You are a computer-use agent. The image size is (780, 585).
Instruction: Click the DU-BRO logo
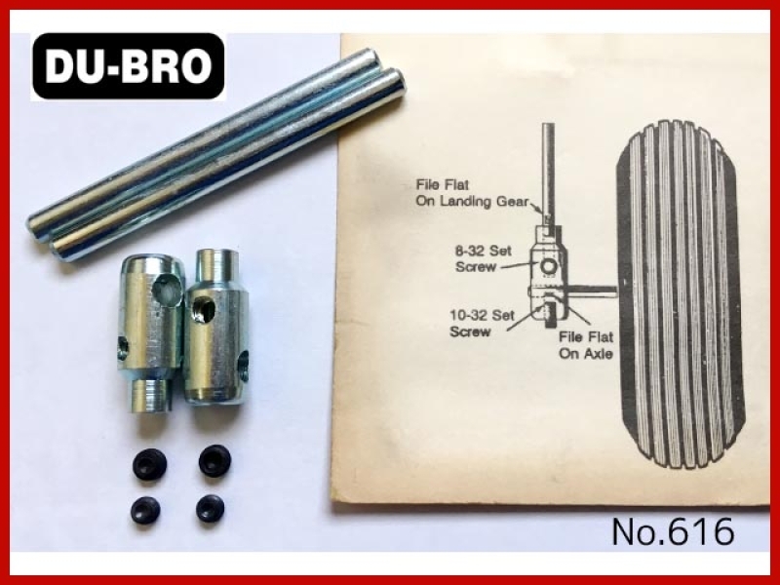[128, 66]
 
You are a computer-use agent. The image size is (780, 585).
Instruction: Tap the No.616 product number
[673, 531]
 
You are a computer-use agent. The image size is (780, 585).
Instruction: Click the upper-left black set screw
[149, 464]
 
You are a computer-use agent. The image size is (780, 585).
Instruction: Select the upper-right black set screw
[214, 460]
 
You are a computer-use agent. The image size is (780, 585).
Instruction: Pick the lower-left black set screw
[145, 510]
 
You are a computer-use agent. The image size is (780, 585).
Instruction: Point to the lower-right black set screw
[210, 508]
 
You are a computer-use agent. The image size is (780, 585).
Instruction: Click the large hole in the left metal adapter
[167, 290]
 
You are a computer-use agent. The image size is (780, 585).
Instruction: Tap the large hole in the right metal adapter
[204, 310]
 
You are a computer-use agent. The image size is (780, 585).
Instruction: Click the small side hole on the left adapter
[123, 347]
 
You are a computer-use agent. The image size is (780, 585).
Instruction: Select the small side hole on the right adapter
[243, 366]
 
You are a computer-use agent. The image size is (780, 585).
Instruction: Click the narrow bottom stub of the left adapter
[149, 396]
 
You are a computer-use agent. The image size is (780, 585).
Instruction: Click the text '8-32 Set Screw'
[484, 258]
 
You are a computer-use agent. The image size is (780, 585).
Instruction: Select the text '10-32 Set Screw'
[482, 324]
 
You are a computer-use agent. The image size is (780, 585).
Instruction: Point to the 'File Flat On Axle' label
[586, 345]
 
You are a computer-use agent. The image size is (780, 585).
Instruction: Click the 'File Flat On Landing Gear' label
[472, 193]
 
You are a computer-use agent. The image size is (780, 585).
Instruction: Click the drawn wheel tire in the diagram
[680, 294]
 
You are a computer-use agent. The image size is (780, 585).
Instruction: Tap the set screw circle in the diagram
[548, 267]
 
